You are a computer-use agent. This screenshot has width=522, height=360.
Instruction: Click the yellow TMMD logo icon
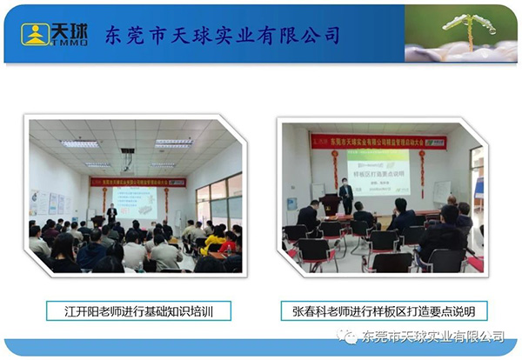click(x=35, y=34)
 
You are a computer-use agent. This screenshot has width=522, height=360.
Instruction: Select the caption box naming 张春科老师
click(x=384, y=310)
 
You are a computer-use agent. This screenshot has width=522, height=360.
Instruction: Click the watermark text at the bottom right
click(x=432, y=337)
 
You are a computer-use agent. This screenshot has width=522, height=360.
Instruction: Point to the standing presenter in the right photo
click(x=345, y=193)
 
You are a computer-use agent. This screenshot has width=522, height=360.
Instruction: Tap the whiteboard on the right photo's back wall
click(x=441, y=192)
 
